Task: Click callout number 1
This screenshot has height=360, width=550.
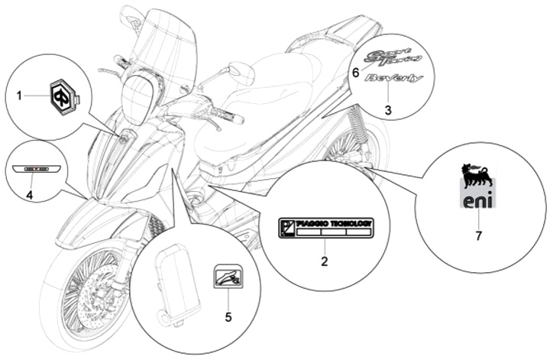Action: tap(21, 96)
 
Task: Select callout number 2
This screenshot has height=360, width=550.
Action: tap(324, 261)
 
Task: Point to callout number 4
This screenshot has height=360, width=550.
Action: tap(29, 195)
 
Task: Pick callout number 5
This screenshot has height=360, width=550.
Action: tap(227, 315)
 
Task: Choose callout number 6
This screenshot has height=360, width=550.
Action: tap(354, 73)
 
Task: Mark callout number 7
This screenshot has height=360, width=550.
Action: tap(478, 236)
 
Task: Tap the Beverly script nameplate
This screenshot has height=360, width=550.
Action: tap(393, 79)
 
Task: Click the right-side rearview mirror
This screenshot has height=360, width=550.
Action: tap(242, 73)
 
